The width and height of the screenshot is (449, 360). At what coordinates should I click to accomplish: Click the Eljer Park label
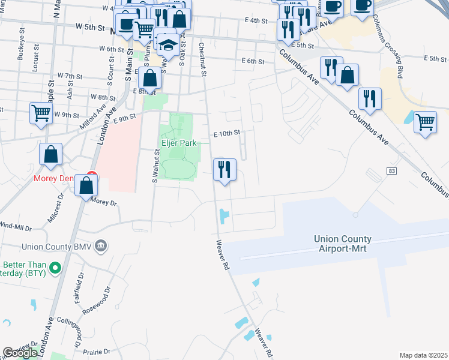point(178,143)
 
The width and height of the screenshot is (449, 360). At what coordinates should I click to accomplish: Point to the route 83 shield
point(392,172)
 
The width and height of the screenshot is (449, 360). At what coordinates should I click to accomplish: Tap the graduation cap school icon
point(168,45)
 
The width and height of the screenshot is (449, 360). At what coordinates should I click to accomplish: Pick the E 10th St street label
point(227,133)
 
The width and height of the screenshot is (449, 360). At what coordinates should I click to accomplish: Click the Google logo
point(20,353)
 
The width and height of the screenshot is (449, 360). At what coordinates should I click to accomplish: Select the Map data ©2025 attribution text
point(423,355)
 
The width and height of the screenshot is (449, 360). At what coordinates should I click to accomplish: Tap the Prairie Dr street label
point(97,352)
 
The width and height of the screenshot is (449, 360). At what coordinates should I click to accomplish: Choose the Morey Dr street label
point(103,203)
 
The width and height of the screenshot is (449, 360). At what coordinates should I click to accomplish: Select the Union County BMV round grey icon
point(101,246)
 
